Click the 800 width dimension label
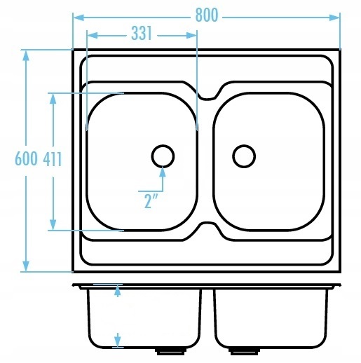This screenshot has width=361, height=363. coord(207,15)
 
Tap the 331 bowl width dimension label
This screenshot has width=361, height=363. coord(142,33)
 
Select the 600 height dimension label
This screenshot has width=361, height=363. coord(26,159)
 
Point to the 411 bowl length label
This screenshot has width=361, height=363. coord(53,159)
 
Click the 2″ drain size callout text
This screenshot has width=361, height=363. coord(151,201)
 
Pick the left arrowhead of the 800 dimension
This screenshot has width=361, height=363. coord(79,18)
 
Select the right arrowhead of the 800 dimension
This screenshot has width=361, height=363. coord(334,18)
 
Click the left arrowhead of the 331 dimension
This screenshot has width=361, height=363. coord(92,36)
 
